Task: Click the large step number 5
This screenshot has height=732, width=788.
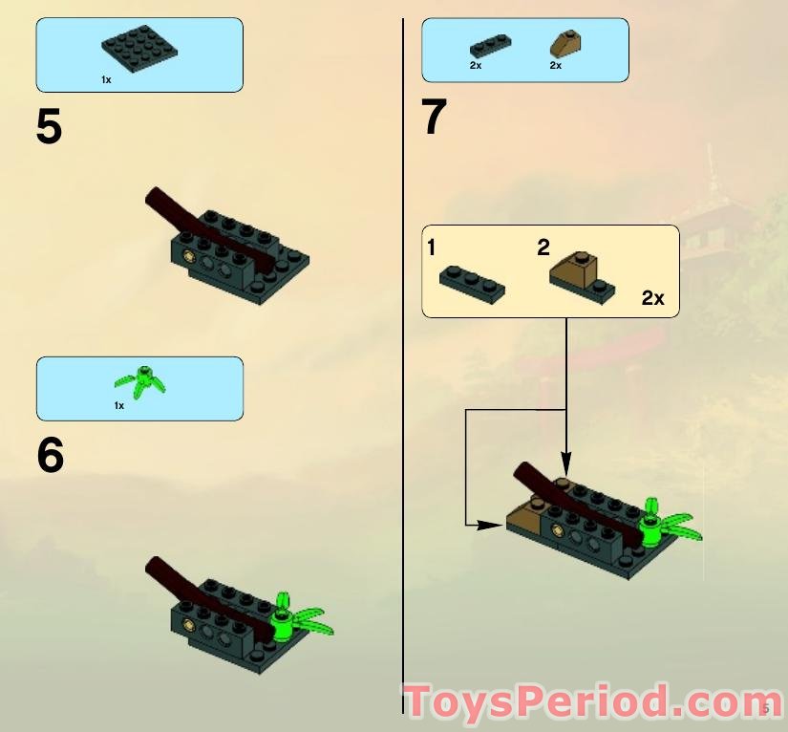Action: pos(50,127)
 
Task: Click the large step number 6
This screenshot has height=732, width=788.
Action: pos(50,456)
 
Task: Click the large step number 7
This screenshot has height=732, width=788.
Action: pos(434,118)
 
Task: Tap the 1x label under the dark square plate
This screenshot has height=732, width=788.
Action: pos(106,80)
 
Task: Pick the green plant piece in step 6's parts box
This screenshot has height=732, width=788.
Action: pos(141,381)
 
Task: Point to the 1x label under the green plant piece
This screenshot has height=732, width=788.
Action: pos(118,405)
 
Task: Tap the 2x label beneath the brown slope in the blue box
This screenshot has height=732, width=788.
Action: pos(555,65)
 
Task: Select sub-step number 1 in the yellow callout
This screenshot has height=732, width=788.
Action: pos(432,248)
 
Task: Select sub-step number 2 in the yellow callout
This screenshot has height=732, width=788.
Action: pos(543,248)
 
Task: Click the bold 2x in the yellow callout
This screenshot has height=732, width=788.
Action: pos(652,298)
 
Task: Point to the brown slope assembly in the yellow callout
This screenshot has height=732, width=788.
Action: pos(582,278)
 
